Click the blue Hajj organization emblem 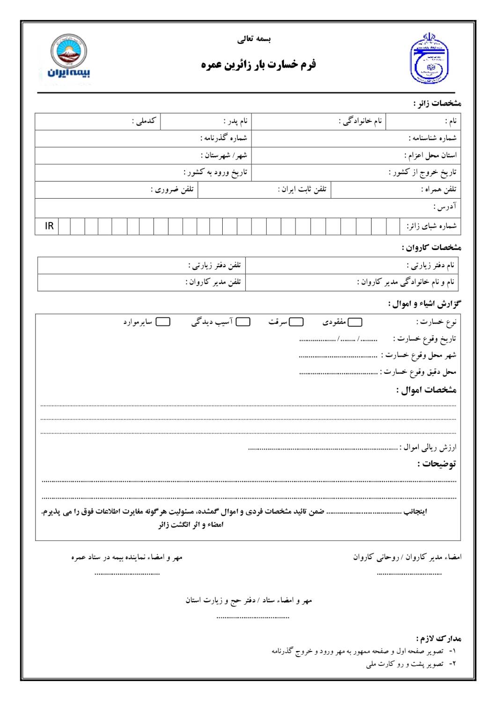428,59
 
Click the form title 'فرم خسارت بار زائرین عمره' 259,64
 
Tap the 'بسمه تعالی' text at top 254,39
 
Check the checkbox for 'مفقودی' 355,322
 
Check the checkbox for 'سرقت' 296,322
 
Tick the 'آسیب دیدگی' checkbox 243,322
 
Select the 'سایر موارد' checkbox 163,322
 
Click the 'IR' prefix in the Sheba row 49,226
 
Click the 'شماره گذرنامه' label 224,138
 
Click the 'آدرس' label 445,207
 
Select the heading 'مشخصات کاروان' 431,247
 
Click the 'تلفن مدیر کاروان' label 213,282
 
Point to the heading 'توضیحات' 437,464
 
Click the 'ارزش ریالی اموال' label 428,448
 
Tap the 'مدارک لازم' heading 438,638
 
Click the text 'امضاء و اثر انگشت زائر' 191,525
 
